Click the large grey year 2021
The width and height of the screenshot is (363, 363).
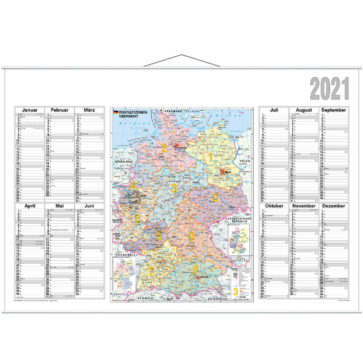point(330,89)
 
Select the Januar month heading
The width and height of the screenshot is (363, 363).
point(30,111)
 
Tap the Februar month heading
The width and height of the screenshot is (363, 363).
point(59,111)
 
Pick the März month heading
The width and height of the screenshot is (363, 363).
point(89,111)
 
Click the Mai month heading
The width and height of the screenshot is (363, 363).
point(59,206)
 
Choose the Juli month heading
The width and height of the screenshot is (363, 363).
point(274,111)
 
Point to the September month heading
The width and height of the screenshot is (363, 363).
point(333,111)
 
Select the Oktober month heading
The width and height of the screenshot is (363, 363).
point(274,206)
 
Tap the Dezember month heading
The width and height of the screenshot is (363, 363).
point(333,206)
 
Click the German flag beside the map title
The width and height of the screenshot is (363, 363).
point(116,113)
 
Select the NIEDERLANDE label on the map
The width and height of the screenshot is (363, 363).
point(120,163)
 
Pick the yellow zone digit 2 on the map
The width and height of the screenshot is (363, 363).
point(163,148)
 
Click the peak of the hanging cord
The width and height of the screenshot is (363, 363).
point(181,56)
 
